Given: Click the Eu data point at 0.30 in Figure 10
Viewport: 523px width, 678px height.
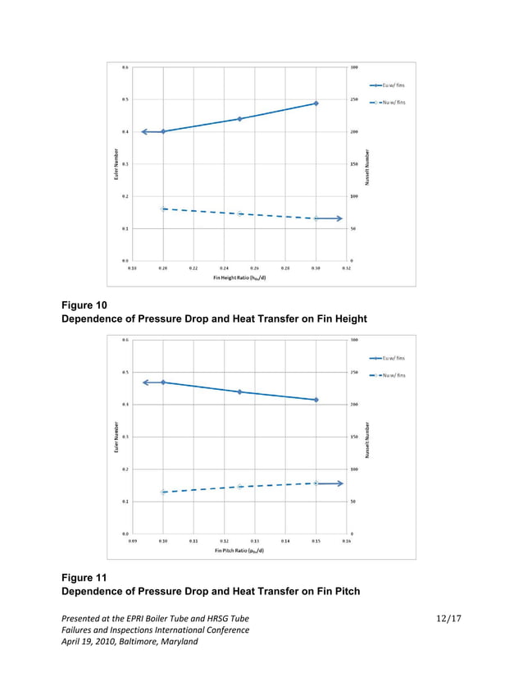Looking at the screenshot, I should [x=316, y=103].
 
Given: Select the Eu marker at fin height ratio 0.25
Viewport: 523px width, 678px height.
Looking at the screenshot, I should [x=239, y=119].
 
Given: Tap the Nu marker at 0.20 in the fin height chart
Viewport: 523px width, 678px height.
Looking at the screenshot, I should [x=163, y=208].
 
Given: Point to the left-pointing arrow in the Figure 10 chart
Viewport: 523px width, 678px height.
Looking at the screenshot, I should [x=148, y=131].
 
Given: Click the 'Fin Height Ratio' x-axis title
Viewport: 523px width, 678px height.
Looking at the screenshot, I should [x=239, y=277].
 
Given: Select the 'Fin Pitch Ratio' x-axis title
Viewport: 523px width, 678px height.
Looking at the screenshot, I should [x=239, y=551].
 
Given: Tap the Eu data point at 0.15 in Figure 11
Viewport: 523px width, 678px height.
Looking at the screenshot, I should [x=316, y=400].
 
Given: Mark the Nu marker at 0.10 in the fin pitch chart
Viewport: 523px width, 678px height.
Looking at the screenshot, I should [x=163, y=492].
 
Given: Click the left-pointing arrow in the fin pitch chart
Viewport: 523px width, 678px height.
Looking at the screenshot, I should [x=148, y=383].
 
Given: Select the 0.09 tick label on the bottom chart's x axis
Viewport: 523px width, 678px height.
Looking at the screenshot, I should [x=133, y=541].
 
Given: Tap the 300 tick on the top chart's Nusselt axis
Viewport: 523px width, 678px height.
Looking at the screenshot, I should [x=353, y=67].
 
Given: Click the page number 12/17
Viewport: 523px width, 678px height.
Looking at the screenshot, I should [x=449, y=616].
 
